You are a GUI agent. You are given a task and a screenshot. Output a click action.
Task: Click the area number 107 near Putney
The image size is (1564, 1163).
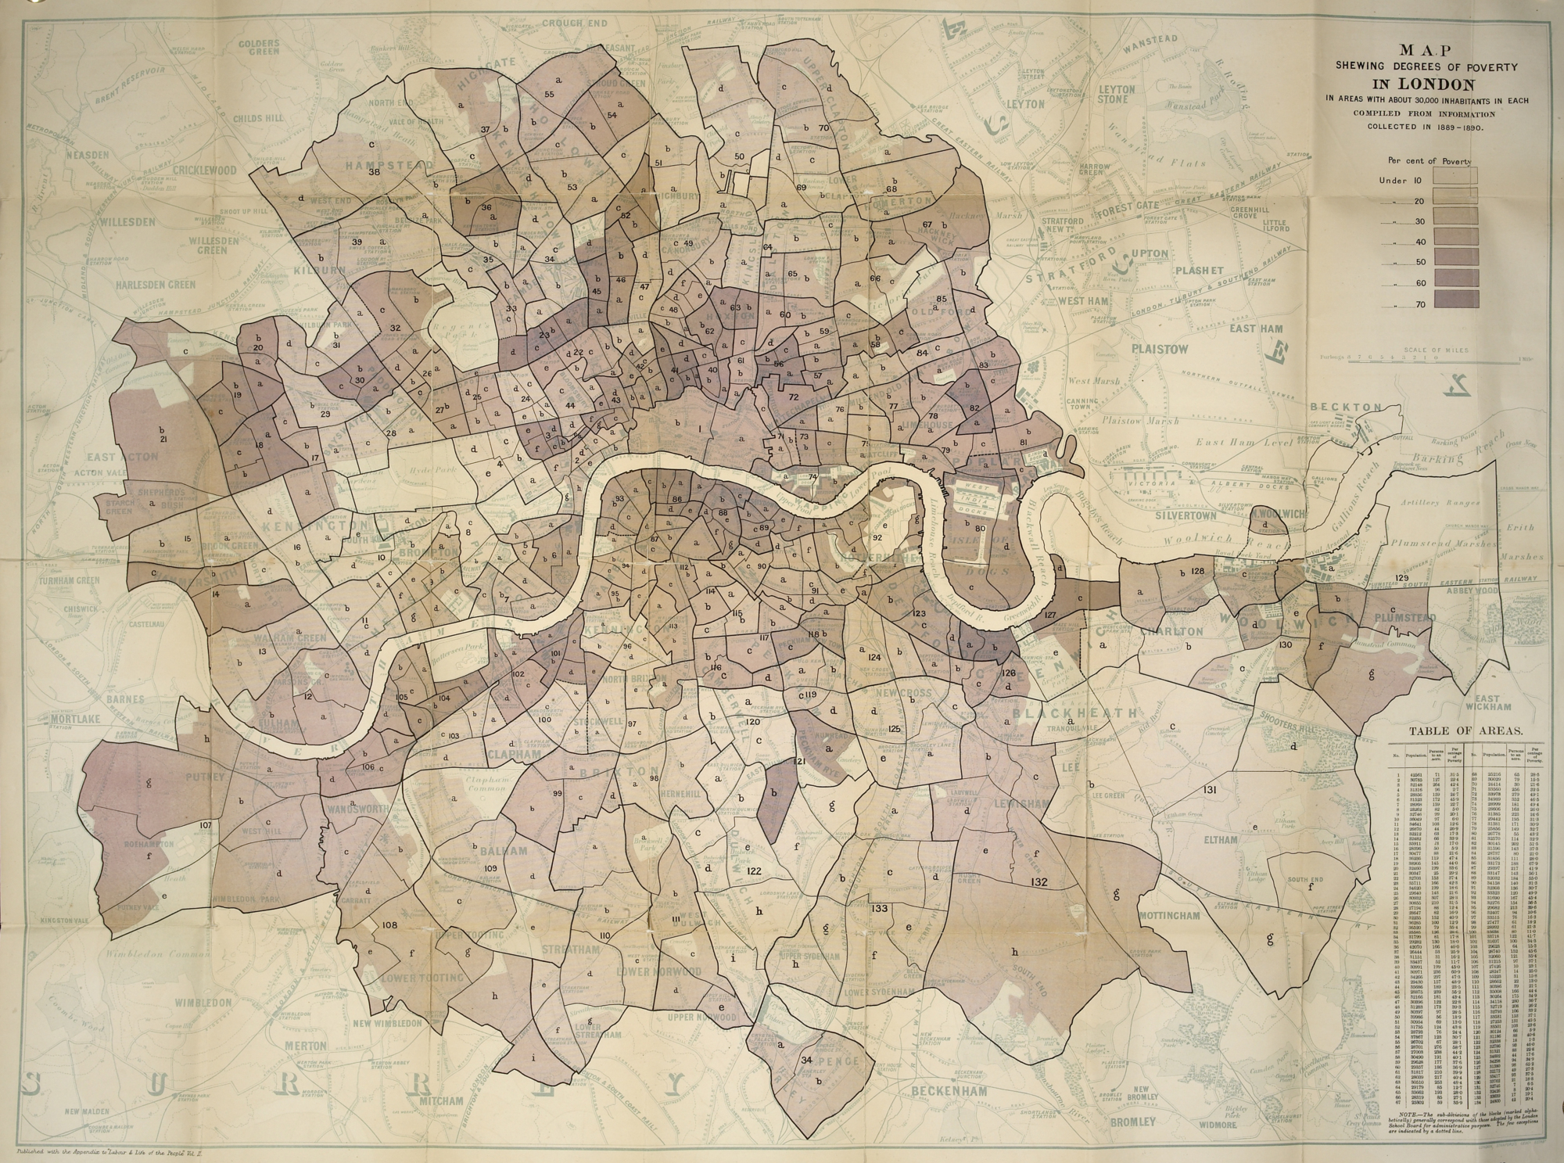coord(206,825)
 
